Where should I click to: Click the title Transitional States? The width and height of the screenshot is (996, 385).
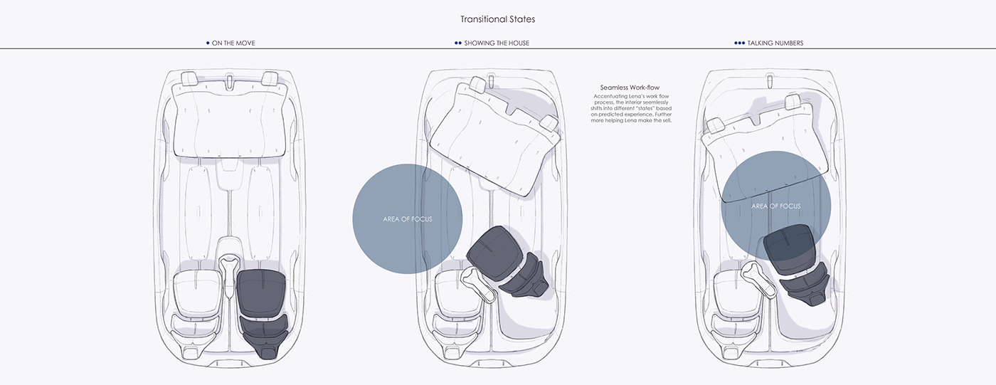point(497,19)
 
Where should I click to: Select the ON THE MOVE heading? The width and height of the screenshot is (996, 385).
point(233,43)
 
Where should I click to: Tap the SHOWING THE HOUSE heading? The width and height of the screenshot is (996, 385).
point(496,43)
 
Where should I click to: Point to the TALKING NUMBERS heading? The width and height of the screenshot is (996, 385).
point(775,43)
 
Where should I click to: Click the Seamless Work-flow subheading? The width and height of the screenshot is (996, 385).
point(630,88)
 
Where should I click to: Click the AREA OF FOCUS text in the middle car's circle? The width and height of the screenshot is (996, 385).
point(407,219)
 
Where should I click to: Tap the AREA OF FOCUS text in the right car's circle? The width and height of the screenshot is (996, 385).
point(775,206)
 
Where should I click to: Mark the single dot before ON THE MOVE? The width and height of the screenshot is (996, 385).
point(207,43)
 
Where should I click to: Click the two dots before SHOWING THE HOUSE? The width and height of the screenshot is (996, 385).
point(458,43)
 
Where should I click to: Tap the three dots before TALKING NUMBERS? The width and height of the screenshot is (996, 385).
point(739,43)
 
